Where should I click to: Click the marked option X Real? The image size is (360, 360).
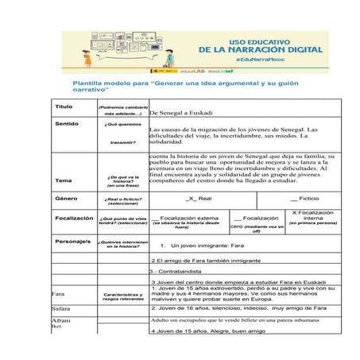pos(198,198)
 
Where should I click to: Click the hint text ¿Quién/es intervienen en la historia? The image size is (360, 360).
pos(122,243)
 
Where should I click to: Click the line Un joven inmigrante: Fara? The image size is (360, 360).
pos(206,245)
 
